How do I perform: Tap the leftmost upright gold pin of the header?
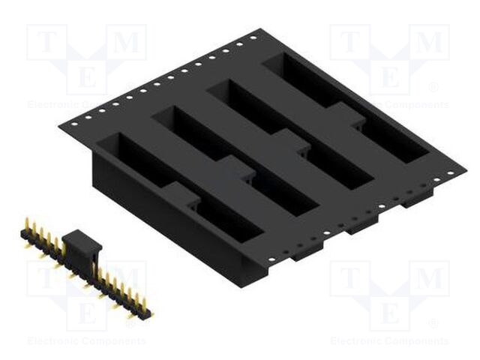[x=26, y=224]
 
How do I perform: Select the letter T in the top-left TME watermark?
[x=47, y=43]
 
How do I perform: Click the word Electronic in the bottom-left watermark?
[x=53, y=341]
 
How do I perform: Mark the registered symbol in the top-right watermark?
[x=433, y=87]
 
